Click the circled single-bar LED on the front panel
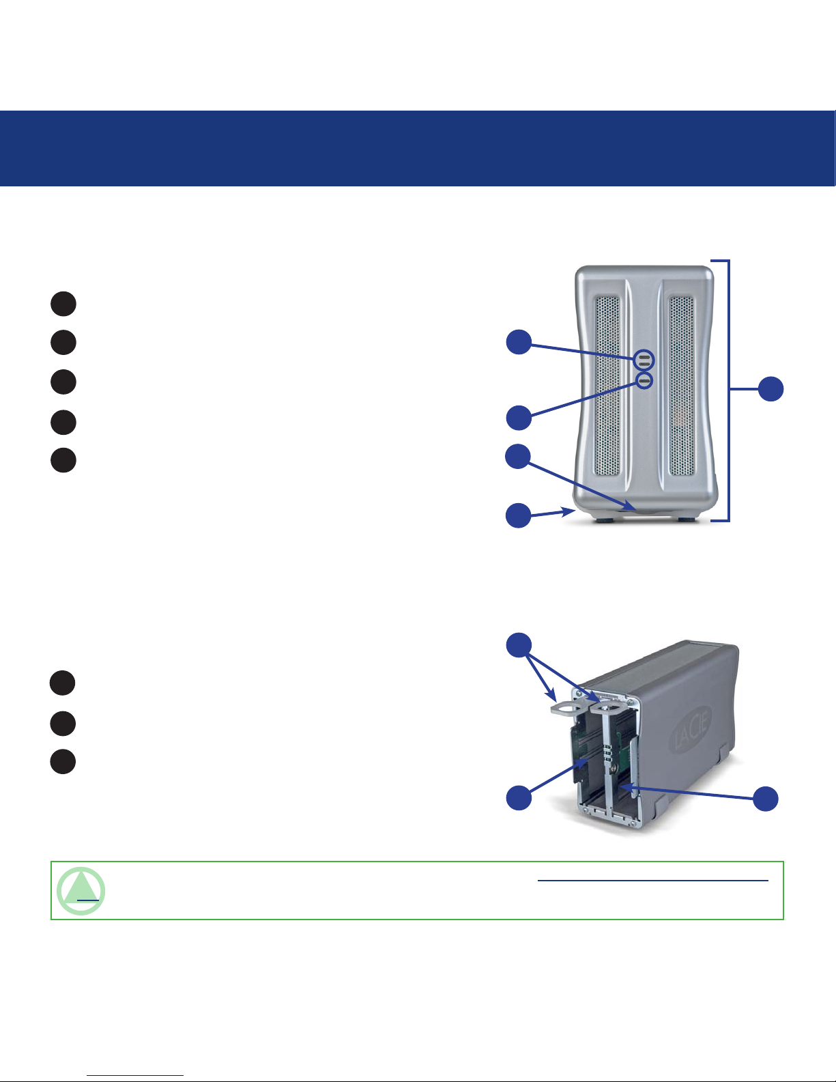click(x=644, y=380)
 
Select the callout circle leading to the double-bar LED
click(x=519, y=341)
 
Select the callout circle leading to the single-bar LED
click(x=519, y=417)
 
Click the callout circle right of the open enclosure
click(x=765, y=798)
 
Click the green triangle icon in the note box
click(x=82, y=891)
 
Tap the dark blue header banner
click(x=418, y=148)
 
